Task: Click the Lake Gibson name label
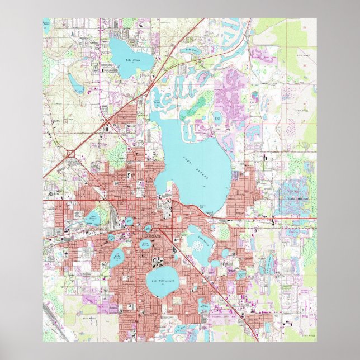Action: coord(132,59)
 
